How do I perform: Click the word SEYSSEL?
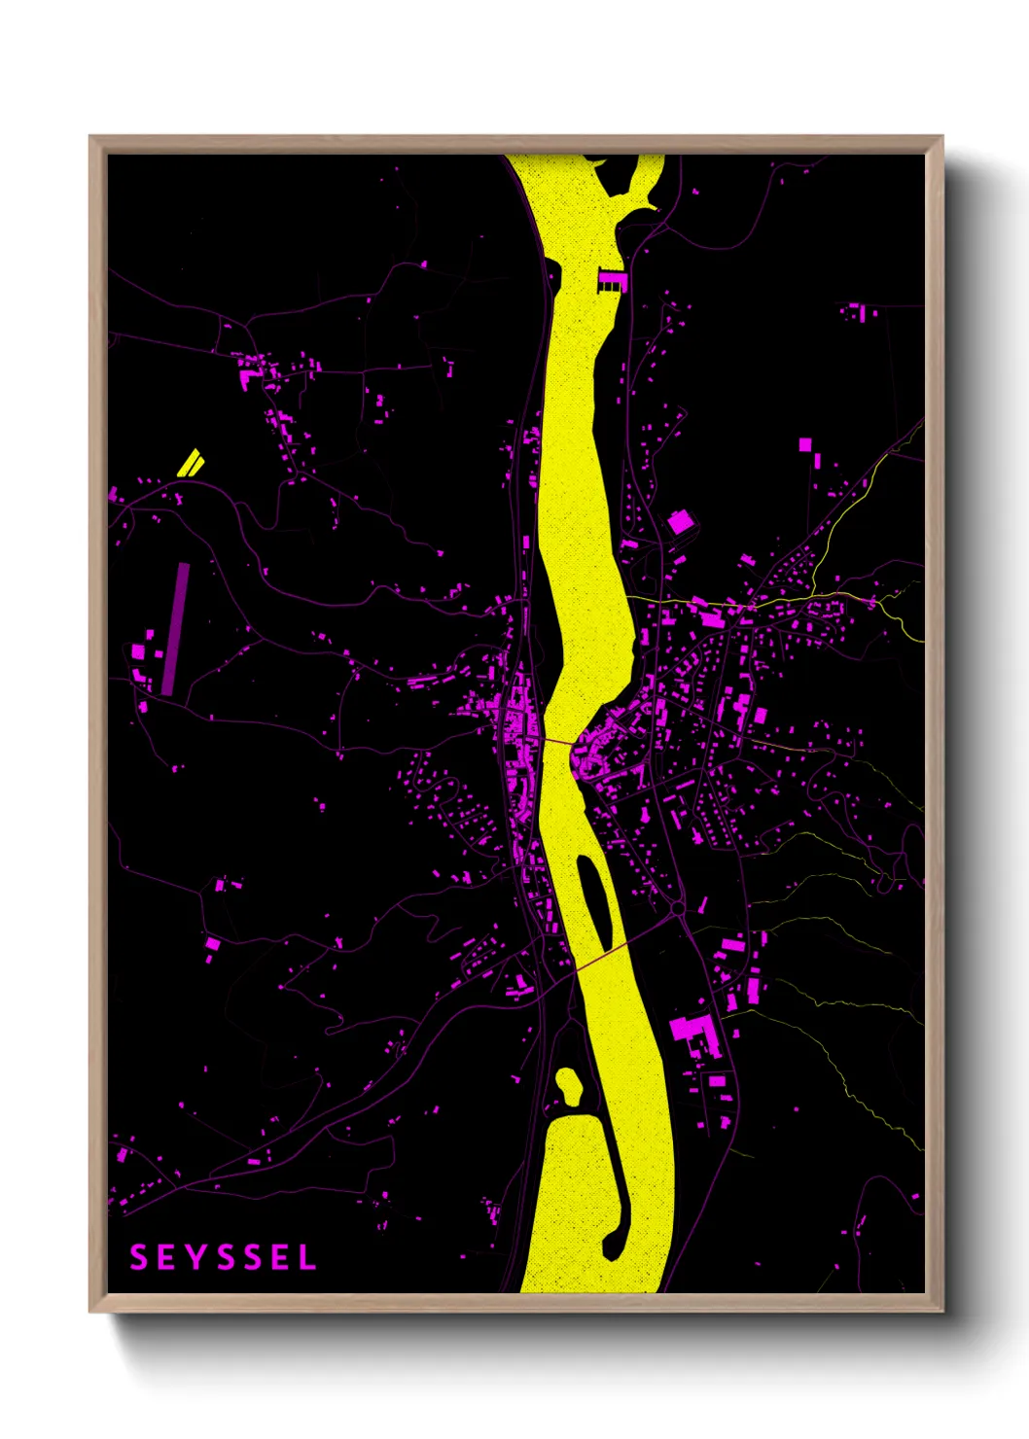(223, 1257)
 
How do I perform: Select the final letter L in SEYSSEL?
(307, 1257)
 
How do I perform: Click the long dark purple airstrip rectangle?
(175, 628)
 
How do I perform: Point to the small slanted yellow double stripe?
(191, 462)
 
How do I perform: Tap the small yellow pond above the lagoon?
(567, 1086)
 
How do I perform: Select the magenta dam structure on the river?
(610, 280)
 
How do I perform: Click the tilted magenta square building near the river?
(680, 522)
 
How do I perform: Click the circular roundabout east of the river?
(677, 909)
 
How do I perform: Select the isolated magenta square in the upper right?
(804, 444)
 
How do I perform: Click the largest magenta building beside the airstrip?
(138, 650)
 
